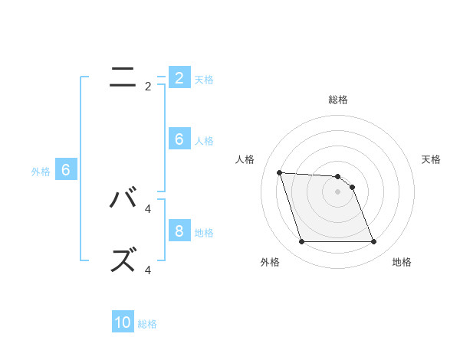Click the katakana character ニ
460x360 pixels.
[x=123, y=77]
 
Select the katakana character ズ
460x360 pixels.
[x=123, y=260]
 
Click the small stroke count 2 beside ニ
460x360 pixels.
[x=148, y=87]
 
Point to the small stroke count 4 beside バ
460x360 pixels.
[x=148, y=208]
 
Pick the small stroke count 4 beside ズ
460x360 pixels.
[x=148, y=270]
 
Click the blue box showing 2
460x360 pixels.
[x=179, y=77]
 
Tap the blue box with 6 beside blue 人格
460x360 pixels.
[x=179, y=139]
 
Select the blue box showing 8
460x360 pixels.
[x=179, y=231]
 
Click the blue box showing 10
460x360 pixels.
[x=123, y=322]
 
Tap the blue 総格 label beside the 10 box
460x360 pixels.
[x=147, y=324]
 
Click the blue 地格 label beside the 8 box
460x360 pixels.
[x=204, y=232]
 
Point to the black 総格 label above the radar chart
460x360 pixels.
[x=338, y=100]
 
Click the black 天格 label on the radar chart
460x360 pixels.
[x=431, y=159]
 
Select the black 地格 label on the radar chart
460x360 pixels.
[x=402, y=262]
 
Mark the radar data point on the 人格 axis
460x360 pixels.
[x=279, y=172]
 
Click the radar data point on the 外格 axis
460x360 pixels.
[x=301, y=242]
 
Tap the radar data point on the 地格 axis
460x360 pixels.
[x=373, y=242]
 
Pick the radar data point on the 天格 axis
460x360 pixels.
[x=352, y=187]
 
